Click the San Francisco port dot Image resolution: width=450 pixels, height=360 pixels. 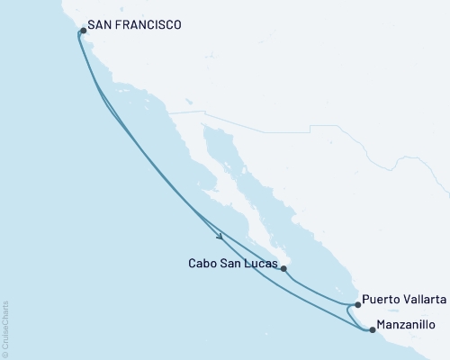point(83,31)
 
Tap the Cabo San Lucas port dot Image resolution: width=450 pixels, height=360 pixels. point(283,268)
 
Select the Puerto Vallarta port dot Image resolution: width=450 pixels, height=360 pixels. point(357,305)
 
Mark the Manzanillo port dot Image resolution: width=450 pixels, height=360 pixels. point(373,329)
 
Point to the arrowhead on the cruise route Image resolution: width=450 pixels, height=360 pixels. point(220,238)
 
